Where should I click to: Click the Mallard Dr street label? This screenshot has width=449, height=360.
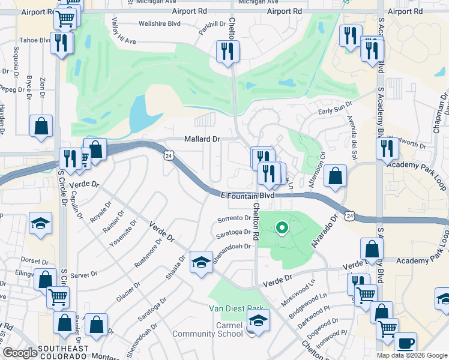coord(202,139)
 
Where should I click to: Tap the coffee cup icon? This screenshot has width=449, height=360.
coord(406,343)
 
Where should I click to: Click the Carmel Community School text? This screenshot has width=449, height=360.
coord(207,329)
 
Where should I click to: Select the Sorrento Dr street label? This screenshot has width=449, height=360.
coord(234,218)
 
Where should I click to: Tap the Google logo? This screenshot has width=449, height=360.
coord(20,353)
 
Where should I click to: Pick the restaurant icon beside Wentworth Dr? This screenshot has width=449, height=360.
coord(387,148)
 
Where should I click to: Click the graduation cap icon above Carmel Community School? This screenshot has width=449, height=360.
coord(258,322)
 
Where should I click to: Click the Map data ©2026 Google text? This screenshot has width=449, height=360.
coord(412,355)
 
